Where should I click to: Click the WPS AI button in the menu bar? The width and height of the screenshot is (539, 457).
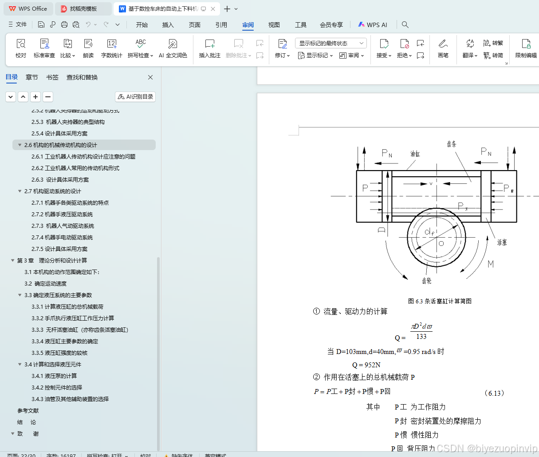click(373, 25)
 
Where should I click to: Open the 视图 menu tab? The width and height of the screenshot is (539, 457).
click(274, 25)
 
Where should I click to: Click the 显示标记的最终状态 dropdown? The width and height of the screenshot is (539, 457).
click(330, 43)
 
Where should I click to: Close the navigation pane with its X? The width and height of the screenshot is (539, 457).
click(150, 77)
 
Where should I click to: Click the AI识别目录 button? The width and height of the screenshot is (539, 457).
click(135, 97)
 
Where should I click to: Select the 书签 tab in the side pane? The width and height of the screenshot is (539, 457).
click(52, 77)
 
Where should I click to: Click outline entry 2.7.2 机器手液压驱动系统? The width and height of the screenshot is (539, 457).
click(62, 215)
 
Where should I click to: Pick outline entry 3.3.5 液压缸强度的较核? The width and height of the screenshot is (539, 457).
click(59, 353)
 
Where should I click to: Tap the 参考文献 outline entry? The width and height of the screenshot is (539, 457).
click(28, 411)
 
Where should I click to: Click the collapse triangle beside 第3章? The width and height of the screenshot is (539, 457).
click(12, 261)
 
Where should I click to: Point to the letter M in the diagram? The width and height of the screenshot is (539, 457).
click(491, 264)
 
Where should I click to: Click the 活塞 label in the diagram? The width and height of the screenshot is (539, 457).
click(502, 242)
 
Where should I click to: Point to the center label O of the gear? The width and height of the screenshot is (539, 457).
click(441, 243)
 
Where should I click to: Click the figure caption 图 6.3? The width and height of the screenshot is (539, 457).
click(440, 301)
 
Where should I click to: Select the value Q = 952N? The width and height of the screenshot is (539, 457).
click(366, 365)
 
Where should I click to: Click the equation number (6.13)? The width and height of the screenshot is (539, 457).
click(494, 393)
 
